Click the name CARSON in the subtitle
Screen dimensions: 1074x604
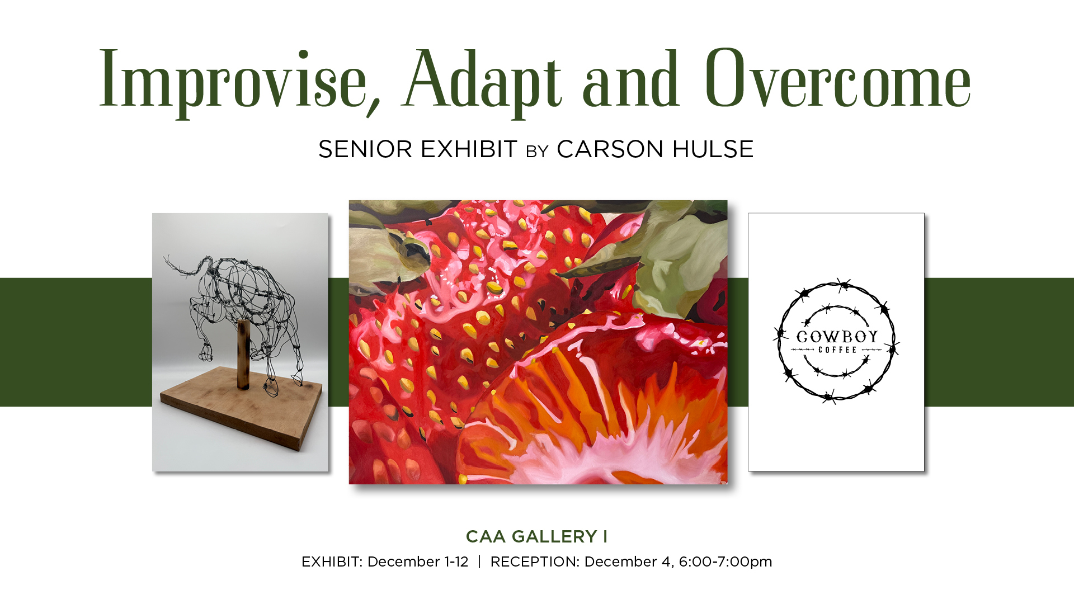click(610, 149)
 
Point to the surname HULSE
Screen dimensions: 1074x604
click(713, 149)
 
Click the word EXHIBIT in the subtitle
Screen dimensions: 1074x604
click(469, 149)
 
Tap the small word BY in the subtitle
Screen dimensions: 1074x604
click(537, 152)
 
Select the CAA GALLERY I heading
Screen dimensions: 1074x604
click(536, 537)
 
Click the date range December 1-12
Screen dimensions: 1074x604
click(418, 561)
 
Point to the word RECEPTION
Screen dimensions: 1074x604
click(535, 561)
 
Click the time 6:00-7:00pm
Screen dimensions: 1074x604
click(726, 561)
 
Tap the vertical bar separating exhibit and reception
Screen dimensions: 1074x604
click(479, 561)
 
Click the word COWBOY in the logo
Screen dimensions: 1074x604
click(837, 337)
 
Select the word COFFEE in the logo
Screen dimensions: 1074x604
click(837, 350)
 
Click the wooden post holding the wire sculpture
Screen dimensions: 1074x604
click(243, 354)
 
